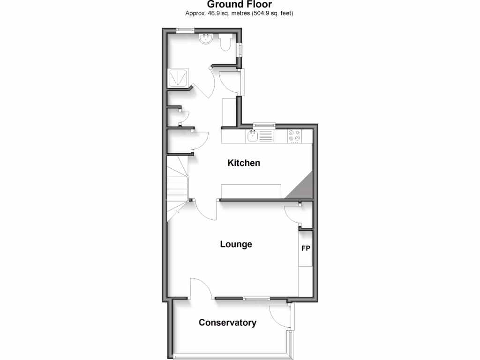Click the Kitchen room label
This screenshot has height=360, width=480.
click(x=244, y=163)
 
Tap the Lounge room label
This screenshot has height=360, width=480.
click(x=236, y=244)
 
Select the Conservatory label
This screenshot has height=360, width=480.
click(x=227, y=322)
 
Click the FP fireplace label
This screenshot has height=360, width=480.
click(x=306, y=248)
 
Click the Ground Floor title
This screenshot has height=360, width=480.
click(x=240, y=5)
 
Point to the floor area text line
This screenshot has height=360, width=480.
click(x=240, y=14)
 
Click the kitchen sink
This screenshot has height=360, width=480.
click(x=253, y=136)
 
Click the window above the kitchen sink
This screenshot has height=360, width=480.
click(x=263, y=125)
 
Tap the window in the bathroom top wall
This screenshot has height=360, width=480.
click(x=185, y=30)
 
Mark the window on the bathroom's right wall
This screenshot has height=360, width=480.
click(x=240, y=49)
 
